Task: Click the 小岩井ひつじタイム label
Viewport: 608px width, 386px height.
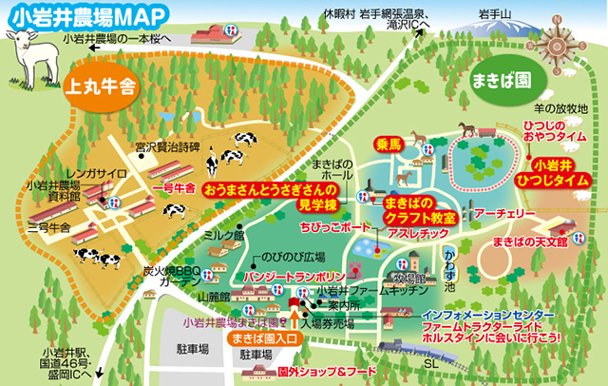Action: (x=553, y=171)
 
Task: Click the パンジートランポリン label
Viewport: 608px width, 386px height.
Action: (x=276, y=276)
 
